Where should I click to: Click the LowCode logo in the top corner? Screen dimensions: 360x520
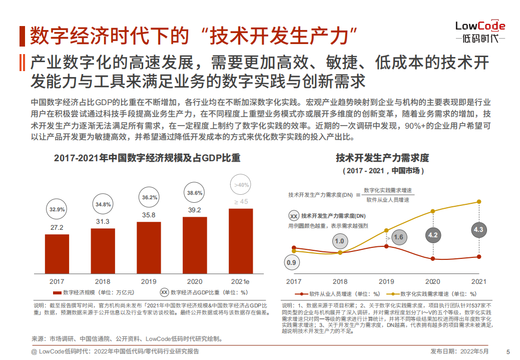point(480,32)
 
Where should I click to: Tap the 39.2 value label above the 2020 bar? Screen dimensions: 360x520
point(195,210)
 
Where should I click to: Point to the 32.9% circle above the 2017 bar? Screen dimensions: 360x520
point(57,210)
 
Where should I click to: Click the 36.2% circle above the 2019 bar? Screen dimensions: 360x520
point(149,197)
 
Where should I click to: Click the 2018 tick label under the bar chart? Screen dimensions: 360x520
point(103,281)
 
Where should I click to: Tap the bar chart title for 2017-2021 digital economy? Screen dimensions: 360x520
point(147,158)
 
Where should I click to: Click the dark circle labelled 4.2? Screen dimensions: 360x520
point(433,235)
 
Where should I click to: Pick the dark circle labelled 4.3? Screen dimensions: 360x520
point(478,230)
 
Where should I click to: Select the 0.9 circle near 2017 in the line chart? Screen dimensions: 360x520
point(292,262)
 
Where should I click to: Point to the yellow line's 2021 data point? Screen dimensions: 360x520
point(479,202)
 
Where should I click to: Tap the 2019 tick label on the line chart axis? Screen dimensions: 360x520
point(386,281)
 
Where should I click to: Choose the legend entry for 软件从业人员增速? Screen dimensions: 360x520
point(337,294)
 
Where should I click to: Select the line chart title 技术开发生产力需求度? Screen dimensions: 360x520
point(382,158)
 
